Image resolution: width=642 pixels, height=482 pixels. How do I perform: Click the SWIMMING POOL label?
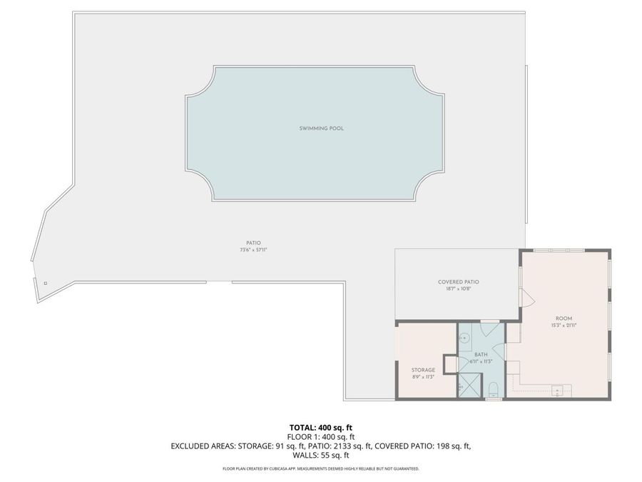[317, 129]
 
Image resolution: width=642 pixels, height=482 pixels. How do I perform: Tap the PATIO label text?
[253, 243]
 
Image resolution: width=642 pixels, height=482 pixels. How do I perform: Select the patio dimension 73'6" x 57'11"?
[253, 251]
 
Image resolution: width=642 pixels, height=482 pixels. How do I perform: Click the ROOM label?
[564, 318]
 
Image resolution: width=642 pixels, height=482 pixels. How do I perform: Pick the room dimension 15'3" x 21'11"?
[564, 325]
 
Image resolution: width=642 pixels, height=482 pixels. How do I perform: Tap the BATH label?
[481, 354]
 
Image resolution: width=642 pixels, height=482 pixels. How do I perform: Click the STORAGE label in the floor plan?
[423, 370]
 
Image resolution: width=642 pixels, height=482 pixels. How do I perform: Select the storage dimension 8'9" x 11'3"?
[423, 377]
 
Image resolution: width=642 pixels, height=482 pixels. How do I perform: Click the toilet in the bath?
[494, 390]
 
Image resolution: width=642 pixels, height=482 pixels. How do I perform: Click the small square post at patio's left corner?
[45, 283]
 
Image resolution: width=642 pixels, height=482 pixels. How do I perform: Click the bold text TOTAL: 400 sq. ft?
[321, 427]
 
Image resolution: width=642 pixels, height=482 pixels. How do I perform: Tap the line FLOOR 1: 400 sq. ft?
[321, 436]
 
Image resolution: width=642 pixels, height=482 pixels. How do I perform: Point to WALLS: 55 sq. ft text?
[321, 455]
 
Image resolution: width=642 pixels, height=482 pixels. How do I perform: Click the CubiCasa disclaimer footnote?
[321, 469]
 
